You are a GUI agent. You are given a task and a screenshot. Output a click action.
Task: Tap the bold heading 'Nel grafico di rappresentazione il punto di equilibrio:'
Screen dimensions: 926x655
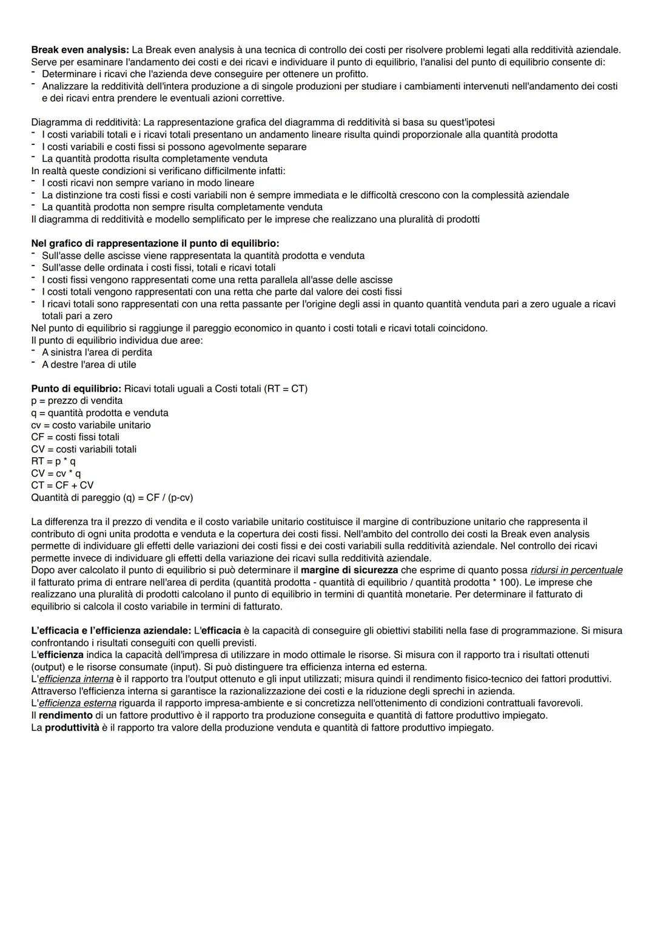coord(155,243)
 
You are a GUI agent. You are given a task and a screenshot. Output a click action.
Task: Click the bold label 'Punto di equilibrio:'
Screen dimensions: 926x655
coord(76,389)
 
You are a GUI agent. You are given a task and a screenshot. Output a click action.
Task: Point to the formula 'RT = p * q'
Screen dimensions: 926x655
coord(53,461)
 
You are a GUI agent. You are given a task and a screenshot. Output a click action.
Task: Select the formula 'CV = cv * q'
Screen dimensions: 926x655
coord(56,474)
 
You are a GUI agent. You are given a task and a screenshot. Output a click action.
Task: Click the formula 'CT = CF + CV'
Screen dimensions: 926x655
coord(62,486)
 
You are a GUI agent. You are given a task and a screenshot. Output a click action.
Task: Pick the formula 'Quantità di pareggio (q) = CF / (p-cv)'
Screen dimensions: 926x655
coord(112,498)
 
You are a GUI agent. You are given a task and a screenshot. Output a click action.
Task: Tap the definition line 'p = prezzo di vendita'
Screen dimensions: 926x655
coord(77,401)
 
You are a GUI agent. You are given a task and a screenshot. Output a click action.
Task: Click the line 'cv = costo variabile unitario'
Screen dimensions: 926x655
coord(91,425)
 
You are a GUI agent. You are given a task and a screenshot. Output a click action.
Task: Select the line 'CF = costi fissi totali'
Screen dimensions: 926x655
coord(75,437)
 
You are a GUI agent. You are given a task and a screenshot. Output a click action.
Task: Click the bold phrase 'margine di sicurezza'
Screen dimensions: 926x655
coord(349,570)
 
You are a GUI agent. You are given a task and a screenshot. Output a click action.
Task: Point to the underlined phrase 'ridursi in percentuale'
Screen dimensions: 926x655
coord(576,570)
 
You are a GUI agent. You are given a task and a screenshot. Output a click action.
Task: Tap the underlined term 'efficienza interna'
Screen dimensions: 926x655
coord(76,679)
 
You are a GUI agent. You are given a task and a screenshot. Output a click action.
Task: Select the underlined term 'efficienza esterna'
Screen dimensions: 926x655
coord(77,703)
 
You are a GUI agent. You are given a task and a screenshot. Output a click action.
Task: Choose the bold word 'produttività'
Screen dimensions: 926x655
coord(72,728)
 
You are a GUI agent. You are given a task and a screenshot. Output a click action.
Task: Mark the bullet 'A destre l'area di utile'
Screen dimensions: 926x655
coord(89,364)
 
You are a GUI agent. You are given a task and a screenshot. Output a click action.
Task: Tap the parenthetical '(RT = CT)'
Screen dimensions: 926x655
coord(286,389)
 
